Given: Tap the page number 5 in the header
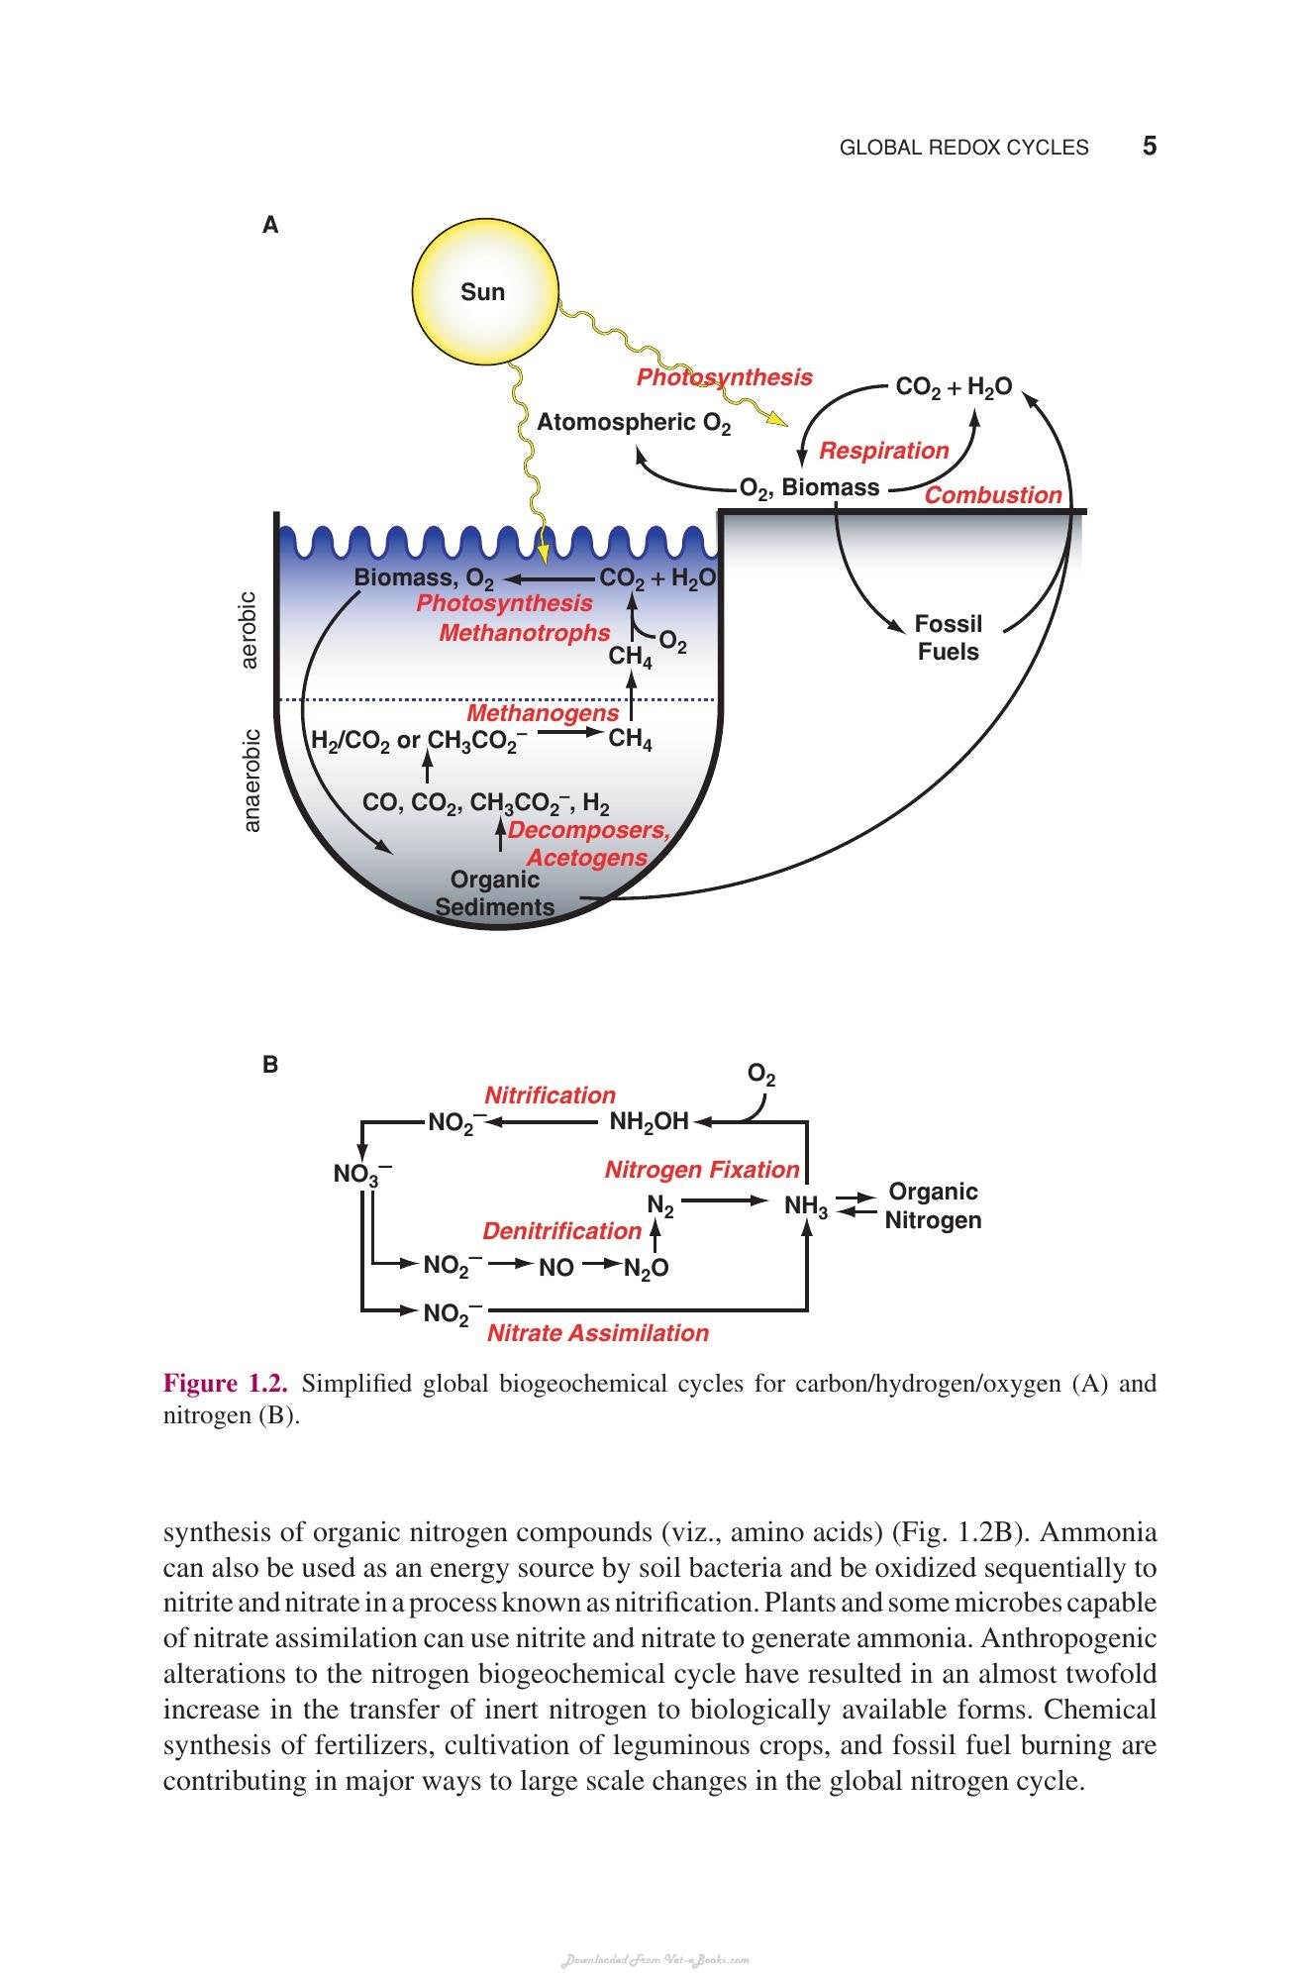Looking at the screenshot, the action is pos(1150,147).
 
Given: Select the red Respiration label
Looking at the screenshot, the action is pos(883,451).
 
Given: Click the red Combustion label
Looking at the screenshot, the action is pos(993,495).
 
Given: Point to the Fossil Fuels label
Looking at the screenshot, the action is pos(948,638).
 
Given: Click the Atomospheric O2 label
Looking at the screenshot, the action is pos(634,424).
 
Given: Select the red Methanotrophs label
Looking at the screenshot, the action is pos(525,632).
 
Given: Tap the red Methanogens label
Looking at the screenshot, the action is pos(543,713).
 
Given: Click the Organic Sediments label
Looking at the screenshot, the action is pos(495,893).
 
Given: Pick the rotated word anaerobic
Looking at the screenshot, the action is pos(252,781).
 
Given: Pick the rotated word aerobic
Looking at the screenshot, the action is pos(250,630).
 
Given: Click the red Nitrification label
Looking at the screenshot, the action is pos(550,1095).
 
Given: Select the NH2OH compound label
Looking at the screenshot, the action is pos(649,1122).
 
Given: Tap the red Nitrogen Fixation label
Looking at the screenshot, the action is pos(702,1170).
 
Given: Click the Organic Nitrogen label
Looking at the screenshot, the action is pos(933,1205).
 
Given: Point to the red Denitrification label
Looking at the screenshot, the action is pos(561,1231).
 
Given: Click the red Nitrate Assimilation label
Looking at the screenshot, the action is pos(598,1333).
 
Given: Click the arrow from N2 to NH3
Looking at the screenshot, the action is pos(725,1201).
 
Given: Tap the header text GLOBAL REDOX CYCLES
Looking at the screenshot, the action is pos(963,148).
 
